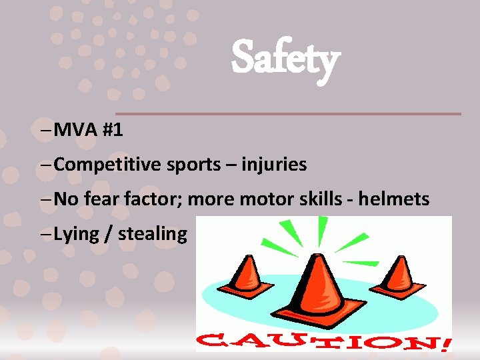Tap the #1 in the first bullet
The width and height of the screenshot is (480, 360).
113,129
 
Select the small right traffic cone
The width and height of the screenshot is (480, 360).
399,274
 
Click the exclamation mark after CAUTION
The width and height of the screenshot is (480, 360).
445,342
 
